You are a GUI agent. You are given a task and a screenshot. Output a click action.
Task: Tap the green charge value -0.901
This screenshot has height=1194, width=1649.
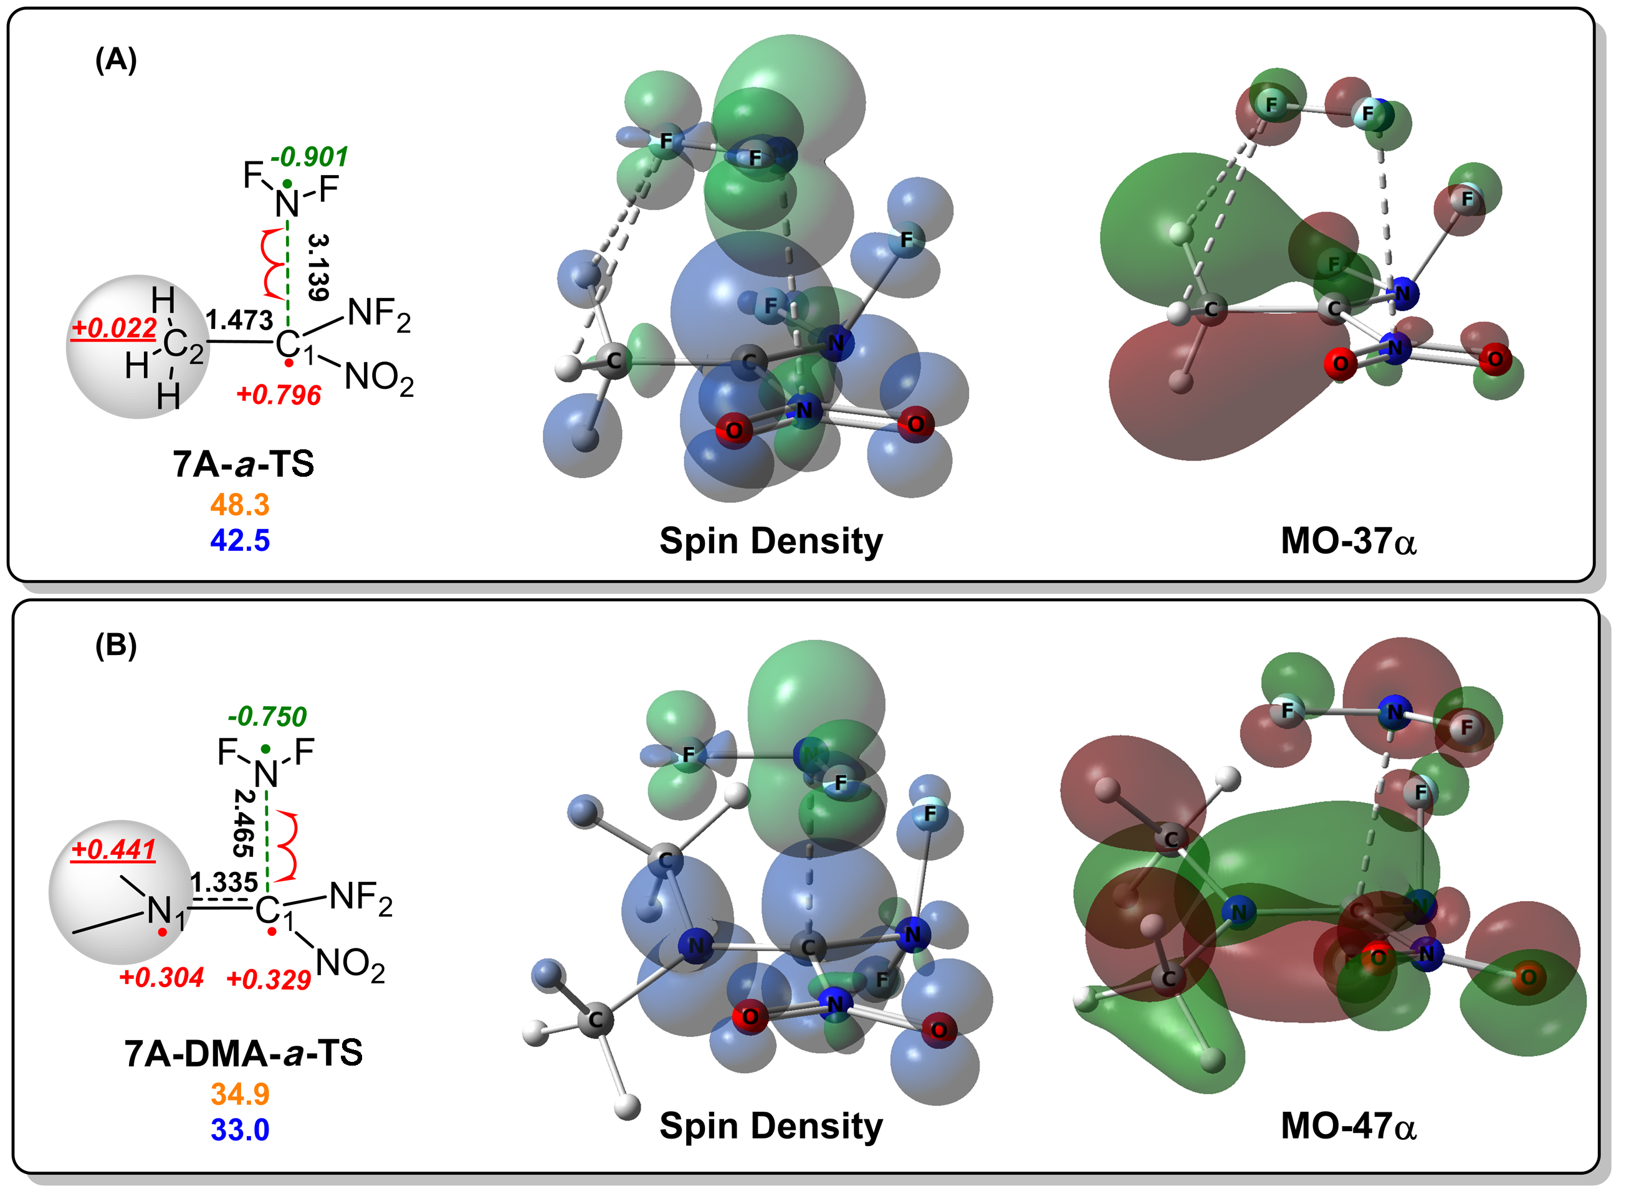pyautogui.click(x=310, y=156)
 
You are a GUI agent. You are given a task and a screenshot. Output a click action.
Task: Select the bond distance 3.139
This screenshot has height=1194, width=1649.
pyautogui.click(x=318, y=267)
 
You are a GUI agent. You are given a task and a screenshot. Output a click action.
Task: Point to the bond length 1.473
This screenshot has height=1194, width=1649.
pyautogui.click(x=239, y=319)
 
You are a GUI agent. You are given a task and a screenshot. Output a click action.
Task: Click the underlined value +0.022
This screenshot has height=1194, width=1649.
pyautogui.click(x=114, y=328)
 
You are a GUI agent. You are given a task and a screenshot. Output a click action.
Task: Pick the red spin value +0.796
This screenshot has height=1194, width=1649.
pyautogui.click(x=279, y=395)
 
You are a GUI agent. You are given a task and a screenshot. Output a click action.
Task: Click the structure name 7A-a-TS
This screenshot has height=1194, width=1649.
pyautogui.click(x=244, y=463)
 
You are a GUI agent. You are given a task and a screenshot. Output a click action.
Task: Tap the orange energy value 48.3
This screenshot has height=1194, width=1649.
pyautogui.click(x=240, y=504)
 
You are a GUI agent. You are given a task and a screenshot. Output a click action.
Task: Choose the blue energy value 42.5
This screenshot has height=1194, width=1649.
pyautogui.click(x=240, y=540)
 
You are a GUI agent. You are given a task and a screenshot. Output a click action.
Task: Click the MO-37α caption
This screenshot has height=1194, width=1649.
pyautogui.click(x=1349, y=541)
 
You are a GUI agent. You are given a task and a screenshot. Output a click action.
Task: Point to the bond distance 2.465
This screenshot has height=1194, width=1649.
pyautogui.click(x=244, y=823)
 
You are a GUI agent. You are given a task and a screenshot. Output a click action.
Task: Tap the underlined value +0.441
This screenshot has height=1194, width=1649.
pyautogui.click(x=113, y=849)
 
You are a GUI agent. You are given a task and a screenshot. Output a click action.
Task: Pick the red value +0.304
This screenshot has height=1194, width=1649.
pyautogui.click(x=161, y=977)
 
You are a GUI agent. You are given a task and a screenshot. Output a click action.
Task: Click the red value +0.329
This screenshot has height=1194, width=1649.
pyautogui.click(x=269, y=980)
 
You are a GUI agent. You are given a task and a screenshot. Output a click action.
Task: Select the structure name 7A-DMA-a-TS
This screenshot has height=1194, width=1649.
pyautogui.click(x=244, y=1053)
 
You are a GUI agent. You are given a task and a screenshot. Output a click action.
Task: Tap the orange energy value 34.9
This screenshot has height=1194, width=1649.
pyautogui.click(x=240, y=1094)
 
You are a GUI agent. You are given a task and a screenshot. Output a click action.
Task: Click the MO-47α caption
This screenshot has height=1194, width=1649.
pyautogui.click(x=1349, y=1126)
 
